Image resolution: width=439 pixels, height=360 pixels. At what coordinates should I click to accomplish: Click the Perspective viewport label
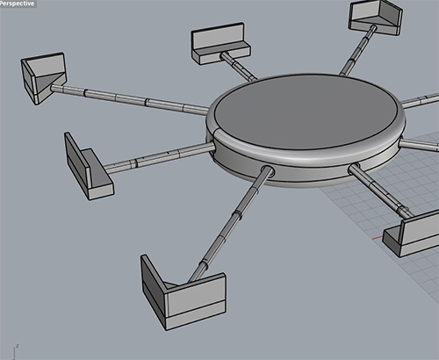(18, 4)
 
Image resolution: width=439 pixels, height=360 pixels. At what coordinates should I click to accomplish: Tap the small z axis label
(18, 346)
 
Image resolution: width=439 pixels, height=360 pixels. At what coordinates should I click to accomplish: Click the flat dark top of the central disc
(306, 112)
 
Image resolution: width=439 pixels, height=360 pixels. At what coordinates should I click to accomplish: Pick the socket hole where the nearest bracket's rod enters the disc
(268, 171)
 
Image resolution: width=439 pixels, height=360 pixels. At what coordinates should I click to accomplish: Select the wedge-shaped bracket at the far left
(43, 78)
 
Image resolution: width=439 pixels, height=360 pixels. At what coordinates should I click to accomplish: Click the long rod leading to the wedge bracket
(130, 99)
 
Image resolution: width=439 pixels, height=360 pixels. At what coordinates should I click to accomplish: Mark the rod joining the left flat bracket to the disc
(160, 157)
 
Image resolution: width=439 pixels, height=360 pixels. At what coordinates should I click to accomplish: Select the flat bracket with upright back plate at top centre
(220, 44)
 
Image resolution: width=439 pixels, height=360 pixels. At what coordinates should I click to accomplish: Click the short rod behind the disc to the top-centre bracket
(239, 66)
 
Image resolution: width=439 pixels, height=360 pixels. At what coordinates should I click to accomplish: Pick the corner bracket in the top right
(375, 18)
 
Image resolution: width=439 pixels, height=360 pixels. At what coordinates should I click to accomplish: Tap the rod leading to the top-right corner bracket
(357, 50)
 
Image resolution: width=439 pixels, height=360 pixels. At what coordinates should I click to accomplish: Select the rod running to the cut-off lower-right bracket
(380, 191)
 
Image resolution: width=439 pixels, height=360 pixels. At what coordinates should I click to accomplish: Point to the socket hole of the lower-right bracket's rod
(354, 169)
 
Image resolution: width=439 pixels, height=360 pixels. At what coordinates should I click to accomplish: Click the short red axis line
(378, 238)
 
